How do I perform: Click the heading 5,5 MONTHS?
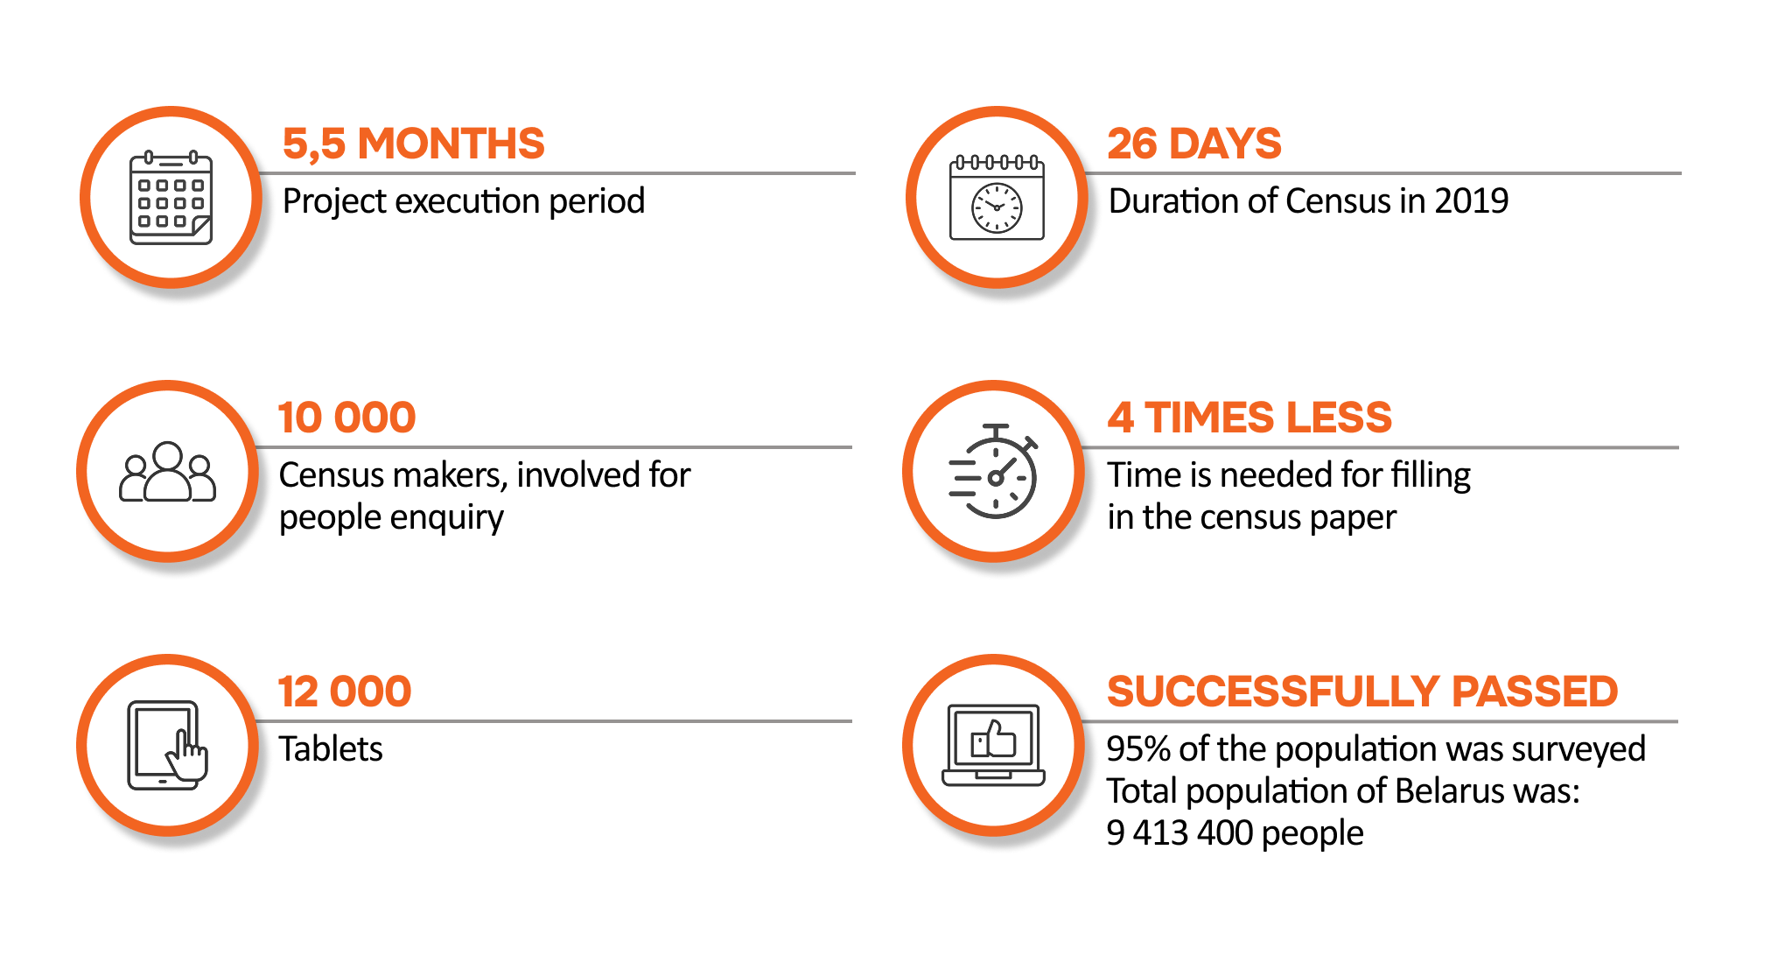tap(413, 144)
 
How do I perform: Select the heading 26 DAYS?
tap(1194, 144)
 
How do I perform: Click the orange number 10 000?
tap(346, 418)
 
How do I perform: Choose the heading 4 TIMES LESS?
tap(1249, 418)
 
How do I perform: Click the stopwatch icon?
tap(994, 471)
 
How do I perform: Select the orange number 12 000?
tap(345, 692)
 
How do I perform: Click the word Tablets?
tap(331, 749)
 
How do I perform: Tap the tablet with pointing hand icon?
tap(167, 745)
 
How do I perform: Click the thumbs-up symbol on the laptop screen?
tap(993, 740)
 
